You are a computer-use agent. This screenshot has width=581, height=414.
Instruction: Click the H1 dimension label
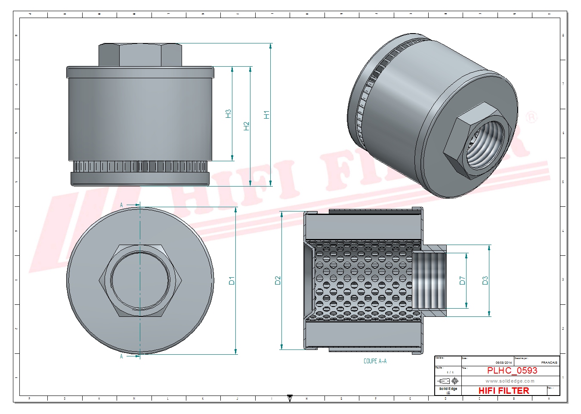[266, 115]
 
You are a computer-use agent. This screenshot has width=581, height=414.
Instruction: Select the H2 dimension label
[246, 126]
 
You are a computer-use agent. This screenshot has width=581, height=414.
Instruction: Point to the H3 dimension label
[228, 113]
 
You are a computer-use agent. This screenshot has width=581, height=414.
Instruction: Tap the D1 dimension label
[232, 281]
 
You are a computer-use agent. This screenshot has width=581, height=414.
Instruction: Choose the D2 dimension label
[278, 280]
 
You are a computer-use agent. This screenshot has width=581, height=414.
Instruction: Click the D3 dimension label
[485, 281]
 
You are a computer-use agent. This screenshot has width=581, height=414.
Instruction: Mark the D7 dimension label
[462, 281]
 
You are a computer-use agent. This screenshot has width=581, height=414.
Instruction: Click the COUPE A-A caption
[375, 361]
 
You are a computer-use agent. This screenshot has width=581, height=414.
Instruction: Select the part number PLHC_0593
[512, 371]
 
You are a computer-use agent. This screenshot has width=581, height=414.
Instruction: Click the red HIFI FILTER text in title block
[504, 390]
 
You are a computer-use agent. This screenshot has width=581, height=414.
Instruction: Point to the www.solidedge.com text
[510, 381]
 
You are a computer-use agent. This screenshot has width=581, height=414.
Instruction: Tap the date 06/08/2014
[504, 362]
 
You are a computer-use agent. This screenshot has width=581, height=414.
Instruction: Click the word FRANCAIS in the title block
[549, 362]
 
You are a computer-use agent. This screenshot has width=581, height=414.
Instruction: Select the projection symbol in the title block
[448, 381]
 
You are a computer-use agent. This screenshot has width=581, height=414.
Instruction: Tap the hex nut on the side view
[140, 55]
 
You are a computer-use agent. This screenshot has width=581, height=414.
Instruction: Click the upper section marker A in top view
[122, 205]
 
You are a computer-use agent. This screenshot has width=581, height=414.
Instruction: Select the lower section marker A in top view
[122, 356]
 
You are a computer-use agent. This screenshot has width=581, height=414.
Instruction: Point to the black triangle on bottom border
[290, 399]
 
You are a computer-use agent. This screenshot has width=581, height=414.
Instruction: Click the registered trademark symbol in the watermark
[532, 117]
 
